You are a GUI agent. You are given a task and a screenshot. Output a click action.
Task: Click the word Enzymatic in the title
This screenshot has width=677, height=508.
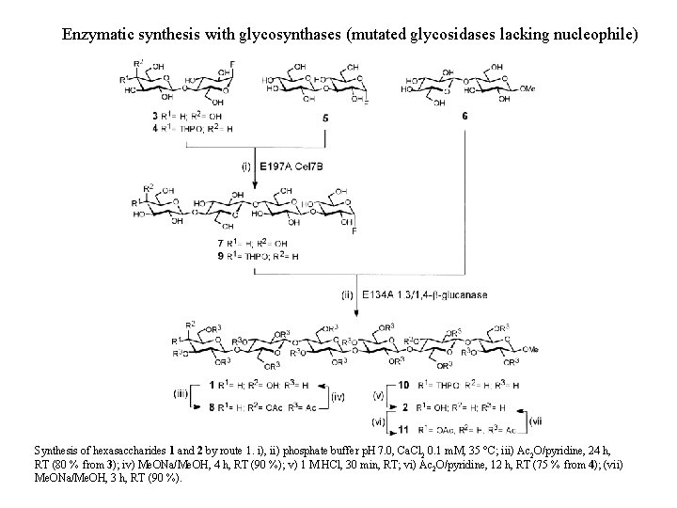click(97, 35)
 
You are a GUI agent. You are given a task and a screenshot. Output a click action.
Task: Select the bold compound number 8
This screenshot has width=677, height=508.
click(214, 405)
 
